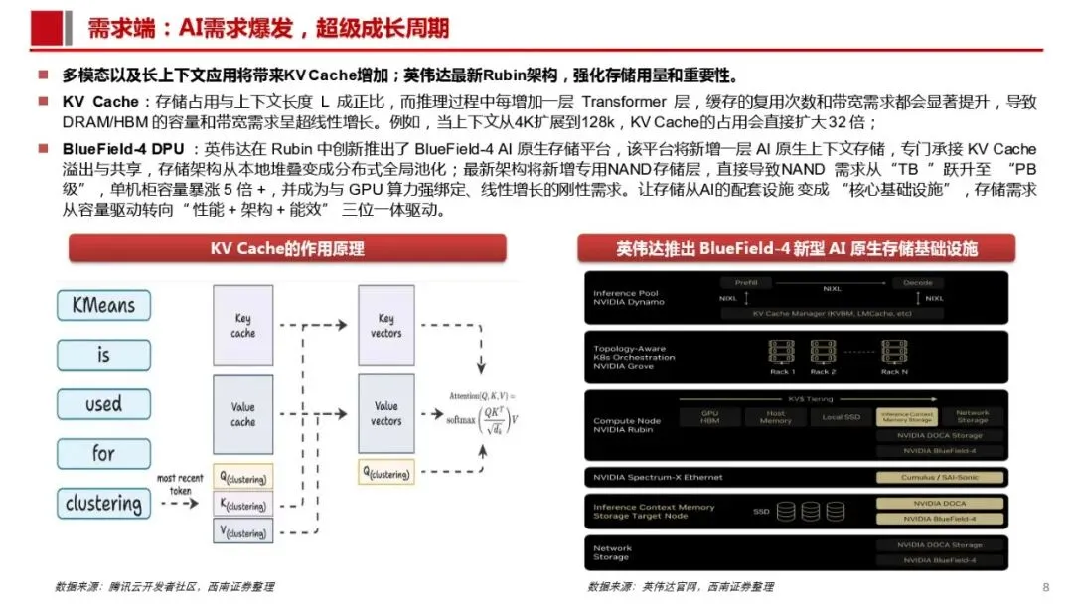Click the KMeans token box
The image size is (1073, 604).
click(x=103, y=305)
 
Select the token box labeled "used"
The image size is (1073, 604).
click(x=103, y=404)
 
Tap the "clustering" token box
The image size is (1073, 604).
click(x=103, y=504)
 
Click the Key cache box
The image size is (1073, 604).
click(x=242, y=326)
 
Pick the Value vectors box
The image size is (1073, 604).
click(x=386, y=413)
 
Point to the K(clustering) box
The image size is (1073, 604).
click(x=242, y=505)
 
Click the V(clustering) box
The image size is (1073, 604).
click(x=242, y=531)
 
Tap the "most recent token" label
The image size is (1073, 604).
click(x=180, y=485)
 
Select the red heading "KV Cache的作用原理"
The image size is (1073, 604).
click(x=287, y=248)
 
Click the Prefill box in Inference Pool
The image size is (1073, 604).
click(x=746, y=283)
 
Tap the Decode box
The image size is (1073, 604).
click(x=918, y=283)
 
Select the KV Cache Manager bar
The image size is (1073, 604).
click(x=833, y=313)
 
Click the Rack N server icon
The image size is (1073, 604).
click(x=894, y=353)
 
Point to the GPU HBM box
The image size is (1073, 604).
click(x=709, y=416)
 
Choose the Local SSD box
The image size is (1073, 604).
click(x=841, y=416)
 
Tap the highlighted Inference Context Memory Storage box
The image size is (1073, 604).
click(x=907, y=416)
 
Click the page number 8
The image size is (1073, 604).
click(x=1045, y=586)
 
